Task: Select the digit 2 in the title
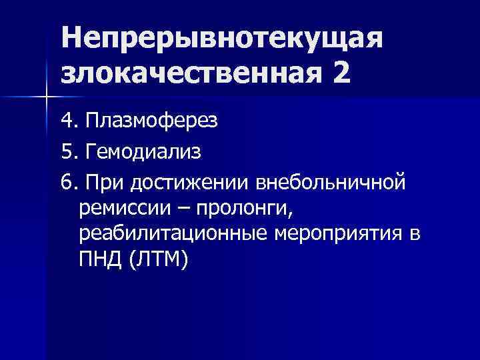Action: (337, 72)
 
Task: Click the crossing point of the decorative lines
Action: (46, 97)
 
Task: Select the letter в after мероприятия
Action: (415, 235)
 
